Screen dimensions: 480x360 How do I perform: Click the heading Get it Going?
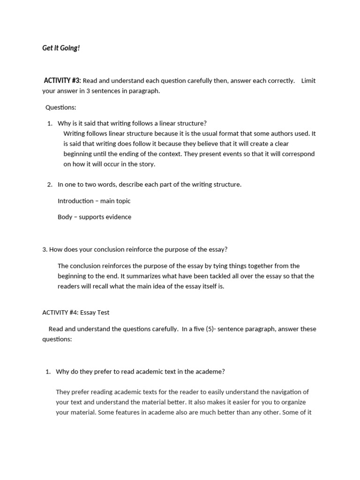pyautogui.click(x=61, y=48)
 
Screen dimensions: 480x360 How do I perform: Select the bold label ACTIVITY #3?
pyautogui.click(x=62, y=81)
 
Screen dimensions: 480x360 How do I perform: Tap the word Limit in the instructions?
pyautogui.click(x=308, y=81)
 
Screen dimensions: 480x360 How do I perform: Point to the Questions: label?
pyautogui.click(x=60, y=107)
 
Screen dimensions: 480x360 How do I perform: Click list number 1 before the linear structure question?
pyautogui.click(x=50, y=123)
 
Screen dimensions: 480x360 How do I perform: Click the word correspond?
pyautogui.click(x=298, y=154)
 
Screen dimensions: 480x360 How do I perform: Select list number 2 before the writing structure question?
pyautogui.click(x=50, y=185)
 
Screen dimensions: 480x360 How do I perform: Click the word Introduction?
pyautogui.click(x=75, y=201)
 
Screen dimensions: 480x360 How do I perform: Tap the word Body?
pyautogui.click(x=65, y=217)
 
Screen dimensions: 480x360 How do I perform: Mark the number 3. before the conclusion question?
pyautogui.click(x=45, y=249)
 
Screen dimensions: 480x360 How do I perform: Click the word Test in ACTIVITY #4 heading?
pyautogui.click(x=102, y=313)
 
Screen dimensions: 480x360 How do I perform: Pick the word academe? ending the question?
pyautogui.click(x=210, y=372)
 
